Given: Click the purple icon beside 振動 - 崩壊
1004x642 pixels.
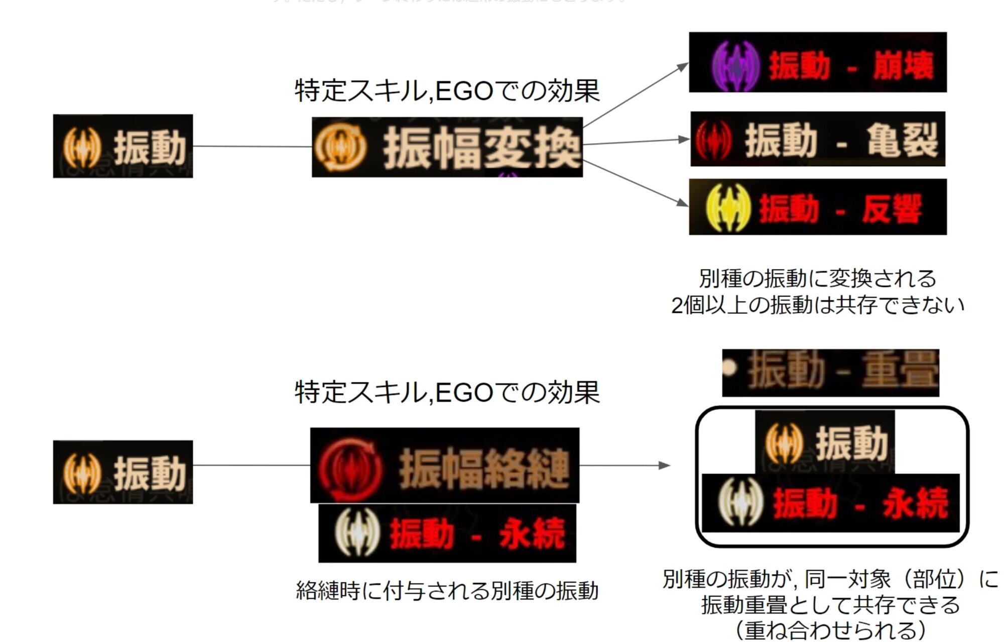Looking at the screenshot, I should tap(736, 65).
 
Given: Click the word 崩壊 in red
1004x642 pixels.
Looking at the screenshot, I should tap(903, 66).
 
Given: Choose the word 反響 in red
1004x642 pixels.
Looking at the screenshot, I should tap(892, 208).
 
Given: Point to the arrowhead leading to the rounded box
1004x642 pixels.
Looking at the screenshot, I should tap(665, 466).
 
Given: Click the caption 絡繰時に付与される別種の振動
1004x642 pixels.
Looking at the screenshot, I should tap(447, 590).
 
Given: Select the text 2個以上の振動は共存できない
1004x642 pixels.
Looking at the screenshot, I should tap(818, 305).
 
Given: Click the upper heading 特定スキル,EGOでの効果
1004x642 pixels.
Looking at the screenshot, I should tap(447, 91).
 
